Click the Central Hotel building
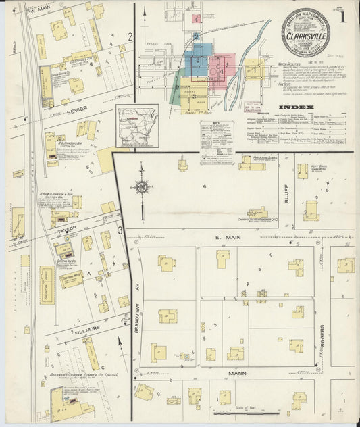click(71, 278)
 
